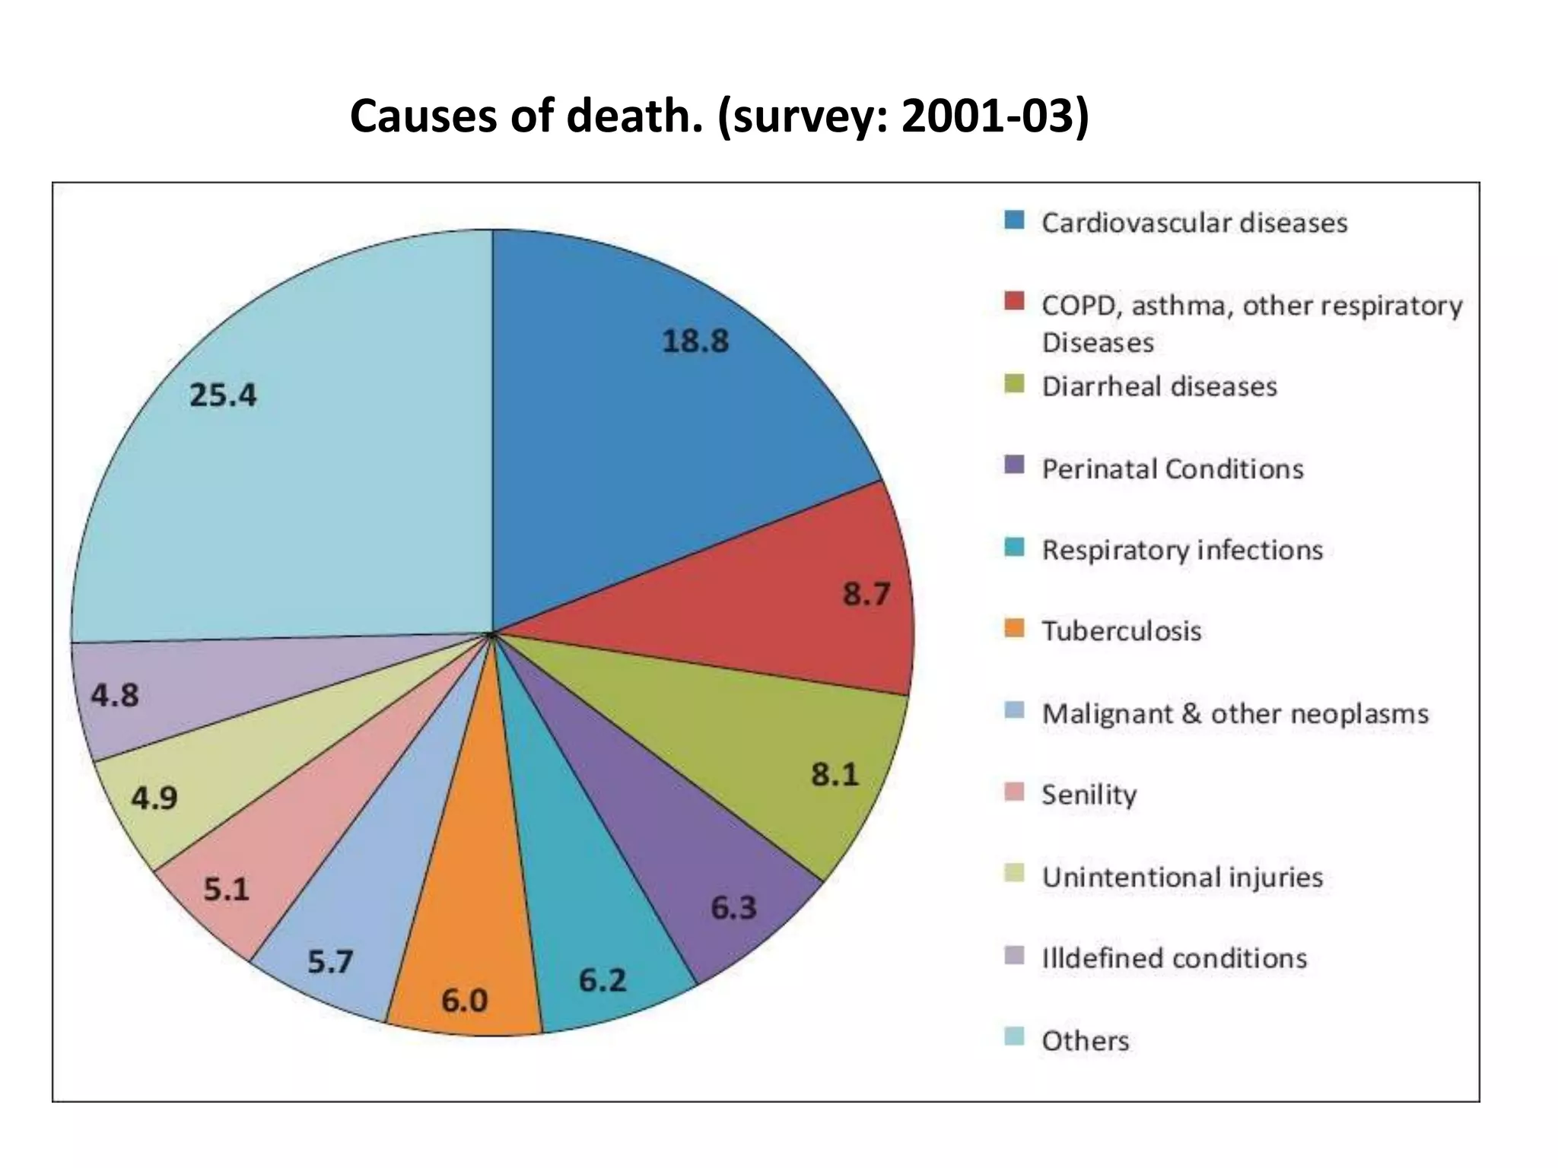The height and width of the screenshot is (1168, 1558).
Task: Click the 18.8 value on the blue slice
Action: tap(695, 341)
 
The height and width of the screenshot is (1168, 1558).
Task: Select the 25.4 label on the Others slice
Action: tap(223, 395)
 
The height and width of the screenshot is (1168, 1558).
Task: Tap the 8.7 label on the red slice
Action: tap(866, 594)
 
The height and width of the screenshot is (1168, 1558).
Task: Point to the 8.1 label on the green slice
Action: tap(835, 775)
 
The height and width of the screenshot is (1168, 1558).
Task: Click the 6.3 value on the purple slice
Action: tap(733, 907)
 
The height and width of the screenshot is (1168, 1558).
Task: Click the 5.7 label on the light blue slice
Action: tap(330, 963)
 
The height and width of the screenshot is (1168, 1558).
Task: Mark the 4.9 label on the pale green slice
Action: tap(154, 798)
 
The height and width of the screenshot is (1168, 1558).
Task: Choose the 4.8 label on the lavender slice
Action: tap(116, 695)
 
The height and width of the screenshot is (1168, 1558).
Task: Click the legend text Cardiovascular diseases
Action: tap(1194, 223)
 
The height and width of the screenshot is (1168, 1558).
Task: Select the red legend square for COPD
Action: tap(1014, 301)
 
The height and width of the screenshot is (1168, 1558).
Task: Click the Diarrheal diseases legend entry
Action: tap(1159, 386)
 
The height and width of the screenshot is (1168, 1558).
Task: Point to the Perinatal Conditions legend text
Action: tap(1172, 468)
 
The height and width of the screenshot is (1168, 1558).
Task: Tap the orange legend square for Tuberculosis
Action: tap(1014, 629)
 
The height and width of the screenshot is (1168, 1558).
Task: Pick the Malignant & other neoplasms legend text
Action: tap(1235, 713)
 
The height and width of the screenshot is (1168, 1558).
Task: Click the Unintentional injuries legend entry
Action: tap(1182, 877)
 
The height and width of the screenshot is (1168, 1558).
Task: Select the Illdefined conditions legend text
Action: tap(1174, 958)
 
